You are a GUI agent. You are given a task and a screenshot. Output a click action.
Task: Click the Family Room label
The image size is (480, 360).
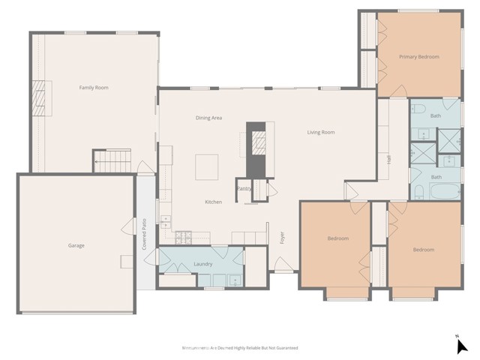(x=94, y=88)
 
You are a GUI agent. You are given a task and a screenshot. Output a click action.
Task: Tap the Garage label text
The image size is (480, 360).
(x=76, y=245)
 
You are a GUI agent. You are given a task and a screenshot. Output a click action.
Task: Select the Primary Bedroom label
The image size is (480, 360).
(x=418, y=57)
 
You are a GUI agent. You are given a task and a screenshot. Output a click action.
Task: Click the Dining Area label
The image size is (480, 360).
(x=208, y=118)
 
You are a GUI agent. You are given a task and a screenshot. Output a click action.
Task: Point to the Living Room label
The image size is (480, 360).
(x=320, y=133)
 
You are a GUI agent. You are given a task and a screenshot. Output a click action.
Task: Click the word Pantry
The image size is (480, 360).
(x=244, y=189)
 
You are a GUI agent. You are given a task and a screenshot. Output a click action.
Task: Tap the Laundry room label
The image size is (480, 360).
(x=202, y=264)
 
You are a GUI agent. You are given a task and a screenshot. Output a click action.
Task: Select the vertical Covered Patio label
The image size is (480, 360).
(x=144, y=234)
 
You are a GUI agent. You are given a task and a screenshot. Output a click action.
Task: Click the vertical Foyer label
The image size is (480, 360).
(x=282, y=238)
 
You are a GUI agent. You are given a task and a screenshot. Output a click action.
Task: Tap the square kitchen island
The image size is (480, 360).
(x=207, y=166)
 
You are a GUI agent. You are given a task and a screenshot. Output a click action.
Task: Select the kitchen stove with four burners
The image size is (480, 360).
(x=183, y=238)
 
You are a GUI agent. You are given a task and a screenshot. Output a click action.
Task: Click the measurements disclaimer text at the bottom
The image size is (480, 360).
(x=240, y=348)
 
